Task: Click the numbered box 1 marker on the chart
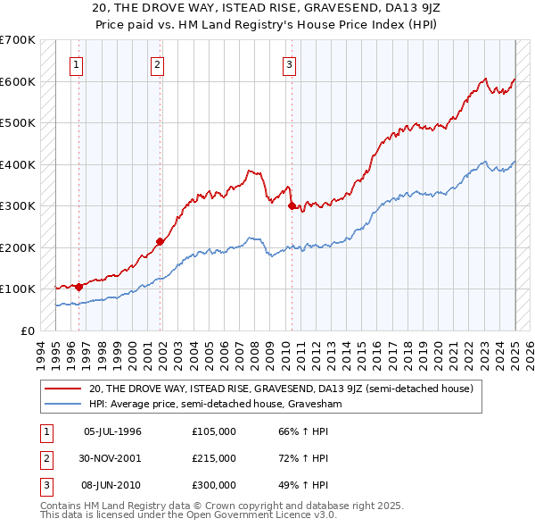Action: [x=77, y=64]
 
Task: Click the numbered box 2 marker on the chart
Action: [x=157, y=64]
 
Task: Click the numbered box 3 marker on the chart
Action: [x=290, y=64]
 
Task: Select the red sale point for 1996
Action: [x=78, y=287]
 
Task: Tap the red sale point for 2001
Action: [x=160, y=240]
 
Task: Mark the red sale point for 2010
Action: [x=292, y=205]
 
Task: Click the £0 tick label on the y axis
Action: [x=27, y=330]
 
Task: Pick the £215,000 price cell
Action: [x=214, y=458]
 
